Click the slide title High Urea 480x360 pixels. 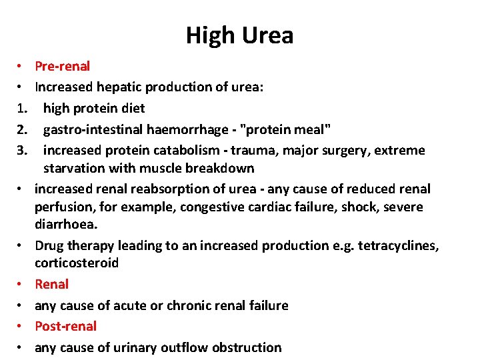[239, 35]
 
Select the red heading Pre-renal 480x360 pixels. [62, 66]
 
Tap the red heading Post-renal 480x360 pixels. [65, 326]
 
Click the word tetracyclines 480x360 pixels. [398, 245]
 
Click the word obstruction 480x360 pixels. [247, 347]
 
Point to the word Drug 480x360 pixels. [49, 245]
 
